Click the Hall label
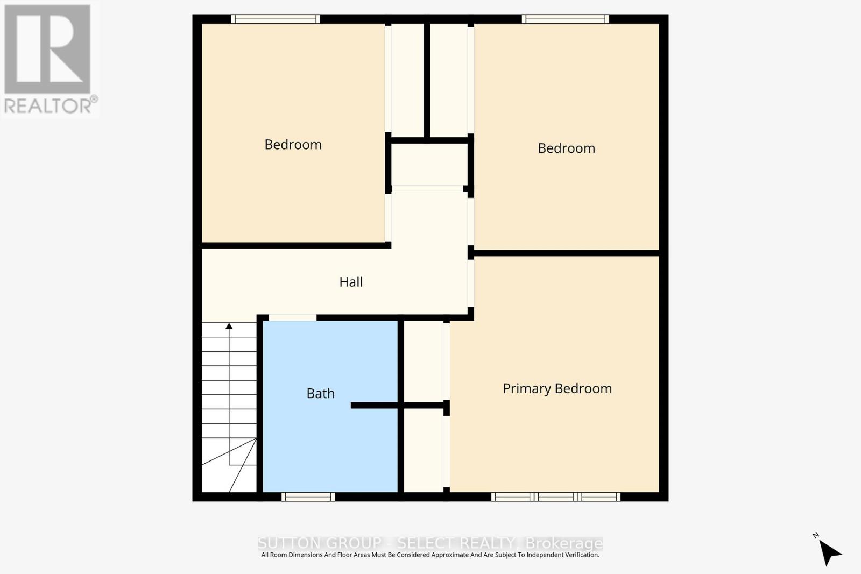click(x=351, y=282)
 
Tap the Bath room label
click(x=321, y=394)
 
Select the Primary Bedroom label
click(x=557, y=389)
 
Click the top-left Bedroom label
click(x=293, y=145)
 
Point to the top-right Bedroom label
click(x=566, y=148)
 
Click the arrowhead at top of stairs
click(x=229, y=326)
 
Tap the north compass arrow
click(x=830, y=552)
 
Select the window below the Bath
click(x=308, y=497)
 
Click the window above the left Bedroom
click(x=276, y=19)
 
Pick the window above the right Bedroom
click(x=565, y=19)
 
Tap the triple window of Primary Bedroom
click(x=555, y=497)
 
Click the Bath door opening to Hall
click(x=293, y=318)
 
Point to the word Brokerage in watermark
click(x=563, y=543)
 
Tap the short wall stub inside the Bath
click(x=374, y=406)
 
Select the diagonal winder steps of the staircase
click(x=231, y=468)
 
